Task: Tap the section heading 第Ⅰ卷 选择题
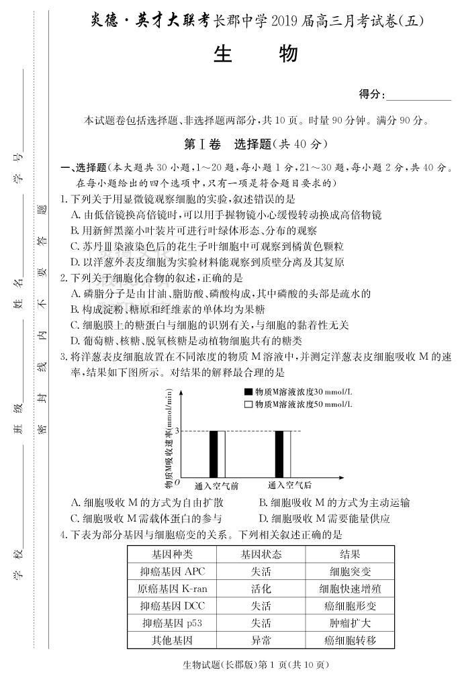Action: [x=255, y=144]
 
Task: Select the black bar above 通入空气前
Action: [x=214, y=453]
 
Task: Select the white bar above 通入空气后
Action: [x=288, y=453]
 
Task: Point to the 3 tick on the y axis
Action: [x=176, y=431]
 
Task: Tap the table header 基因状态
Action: [x=261, y=554]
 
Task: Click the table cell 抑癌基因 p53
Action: [x=172, y=623]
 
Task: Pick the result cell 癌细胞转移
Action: [x=349, y=640]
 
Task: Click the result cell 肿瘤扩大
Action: [x=349, y=623]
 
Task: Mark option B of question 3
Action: [x=334, y=502]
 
